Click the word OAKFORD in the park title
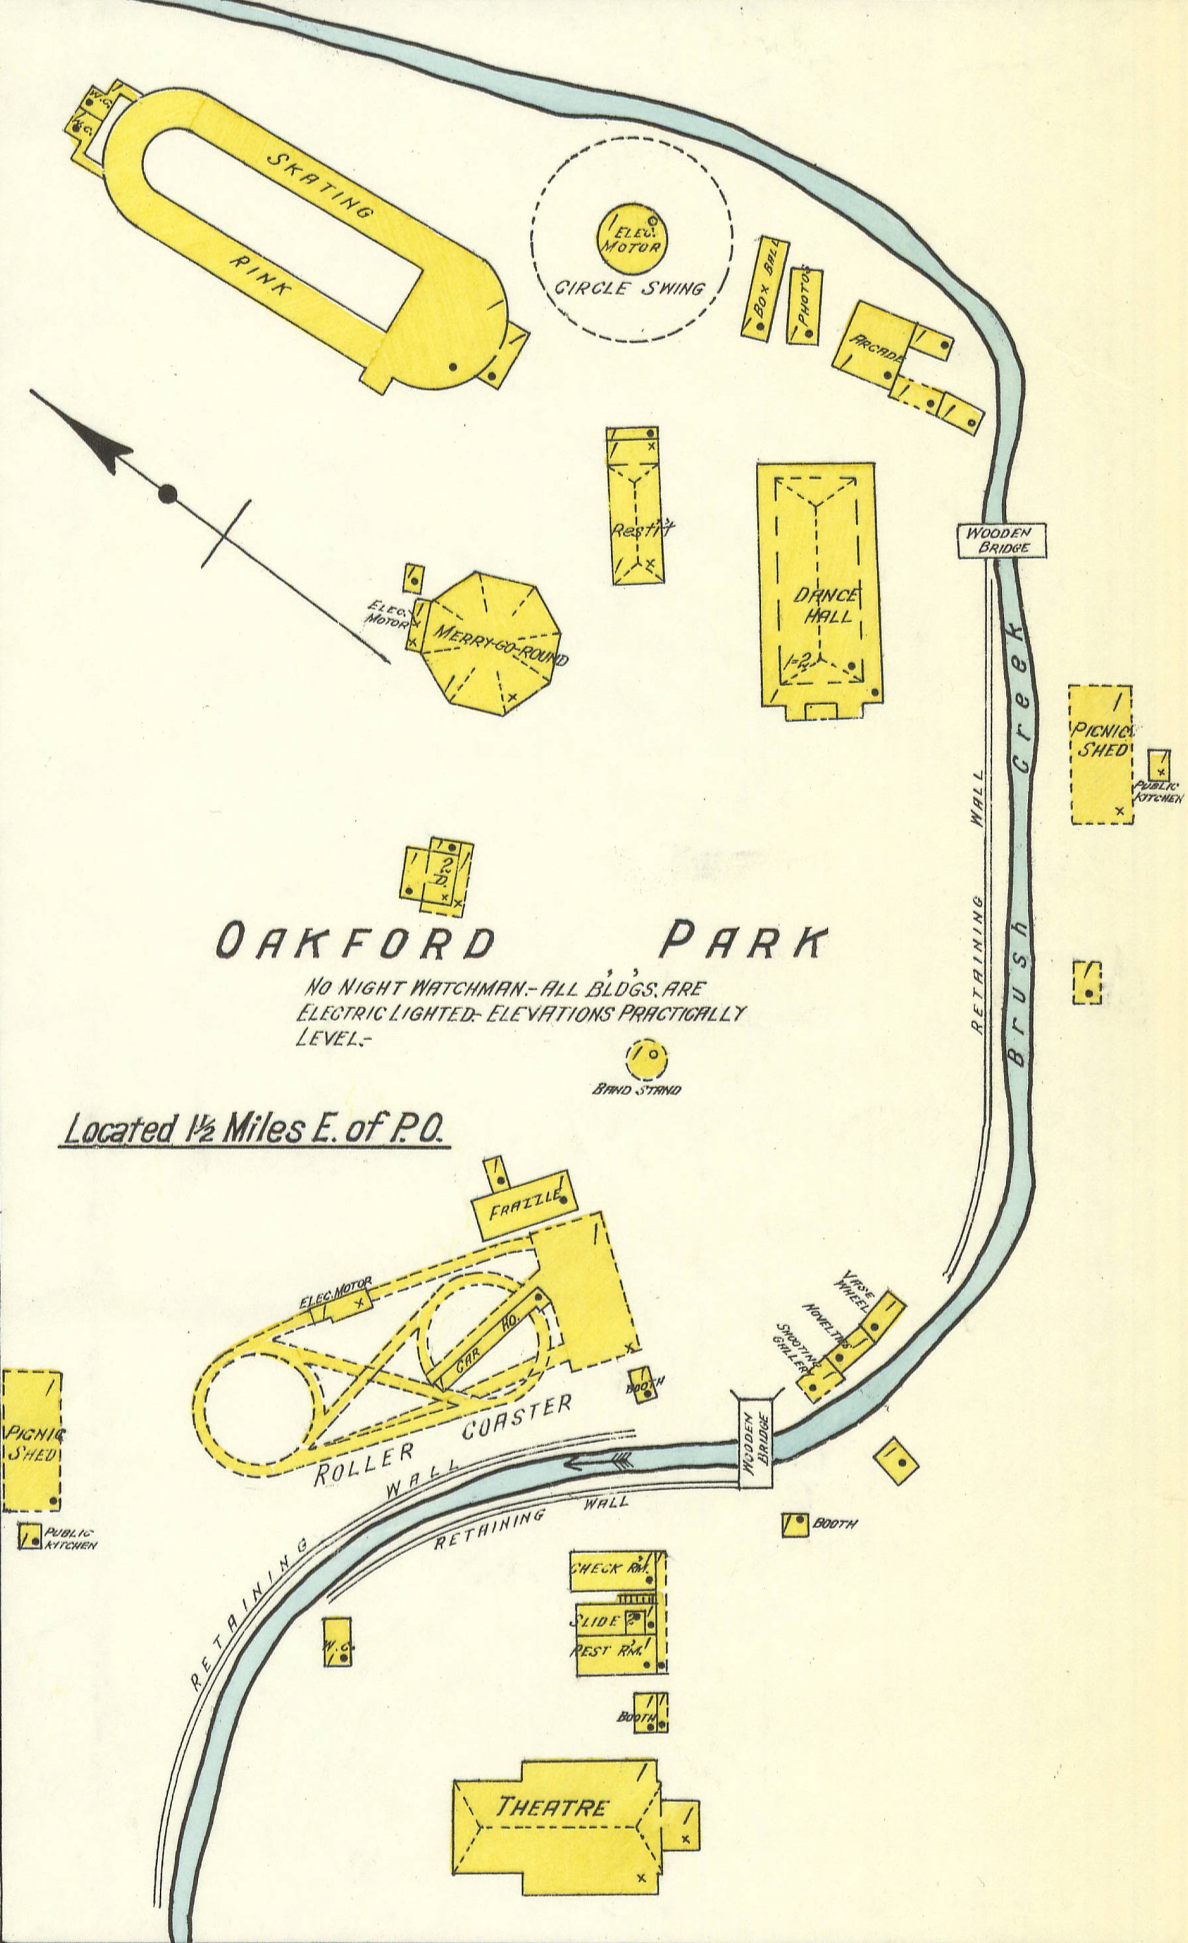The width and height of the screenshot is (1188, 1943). click(x=355, y=943)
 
